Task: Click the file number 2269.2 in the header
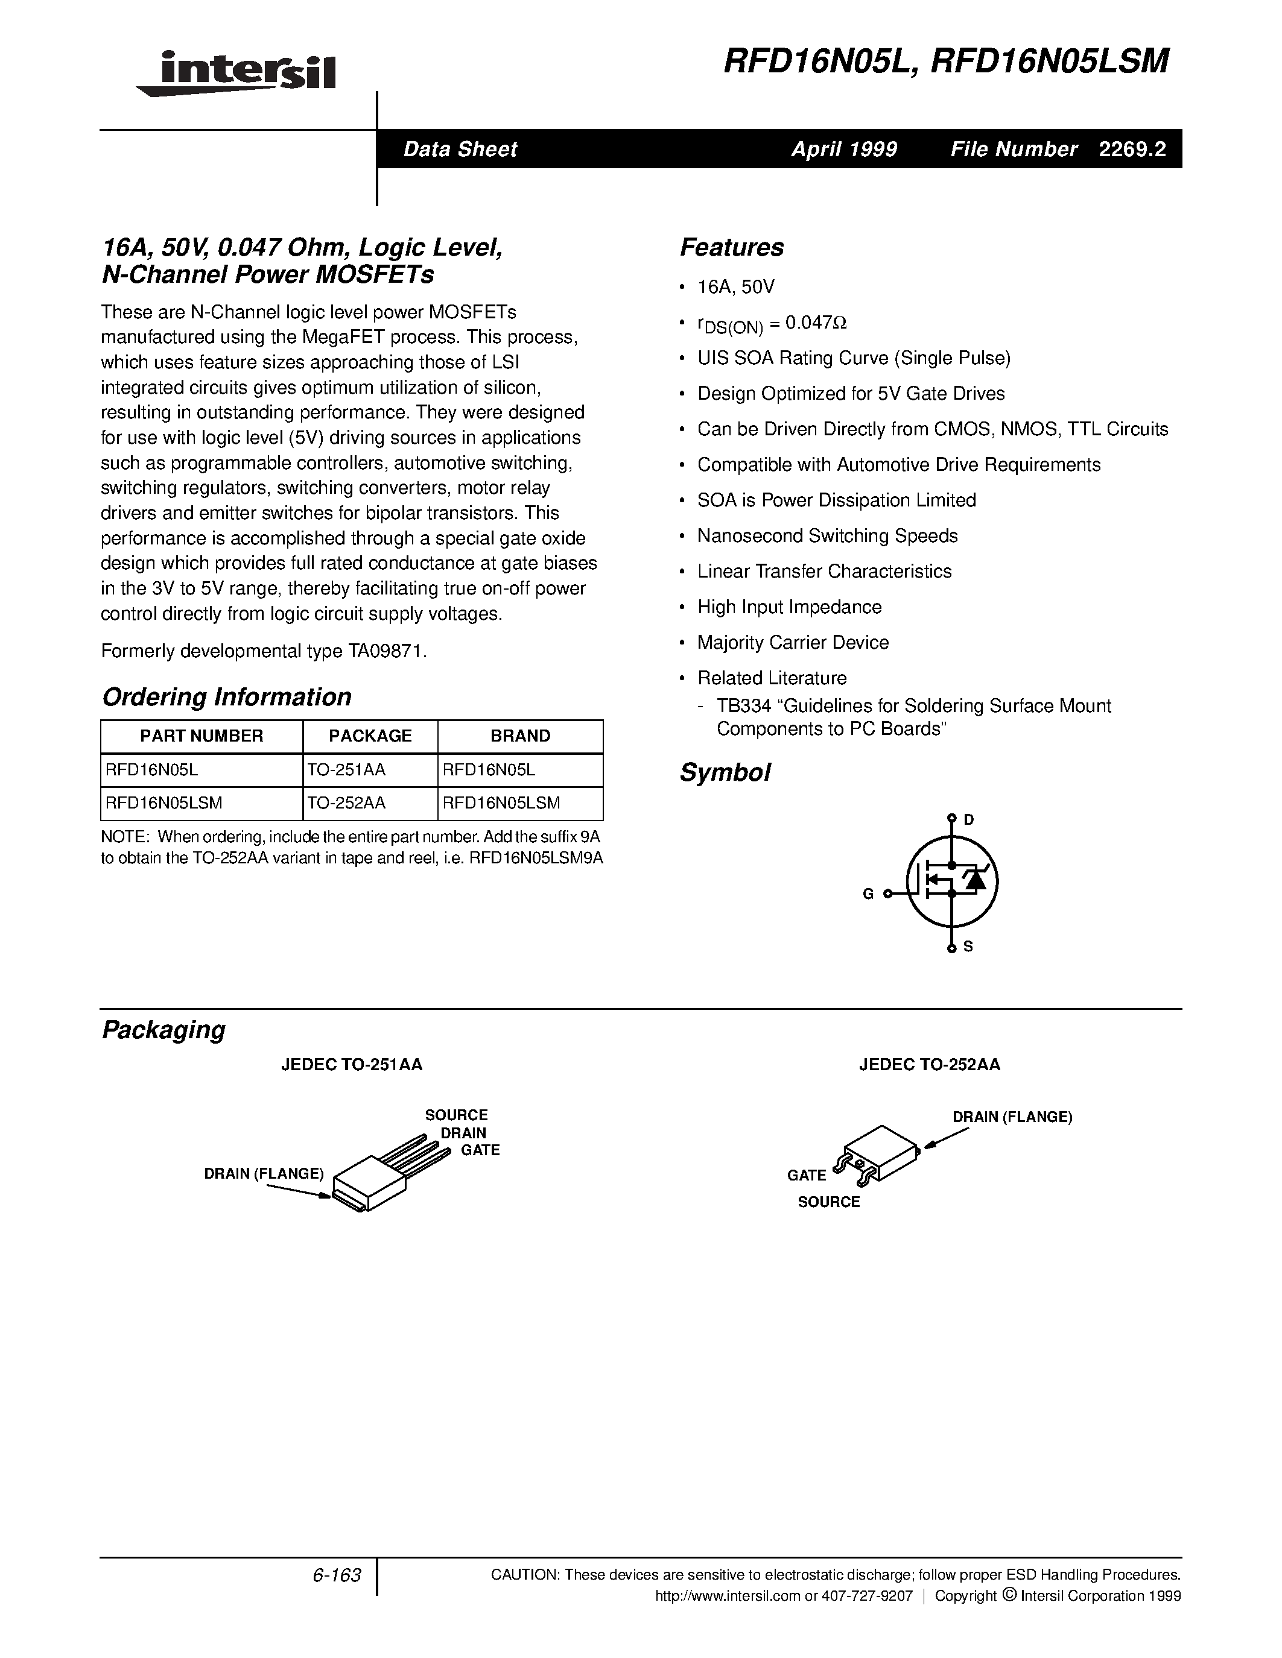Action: (1132, 149)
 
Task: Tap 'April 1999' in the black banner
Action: (844, 149)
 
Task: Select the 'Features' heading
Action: (731, 247)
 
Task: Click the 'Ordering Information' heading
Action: (226, 697)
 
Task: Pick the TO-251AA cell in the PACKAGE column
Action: (346, 770)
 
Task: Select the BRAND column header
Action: (520, 736)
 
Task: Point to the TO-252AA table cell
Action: (346, 803)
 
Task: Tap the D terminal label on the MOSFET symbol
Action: (968, 819)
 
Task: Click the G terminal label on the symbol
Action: (868, 894)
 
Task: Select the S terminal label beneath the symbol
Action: (968, 947)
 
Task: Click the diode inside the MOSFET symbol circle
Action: (974, 879)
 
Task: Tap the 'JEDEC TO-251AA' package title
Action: (352, 1064)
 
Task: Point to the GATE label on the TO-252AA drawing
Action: (807, 1175)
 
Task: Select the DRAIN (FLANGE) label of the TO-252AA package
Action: (1012, 1117)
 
